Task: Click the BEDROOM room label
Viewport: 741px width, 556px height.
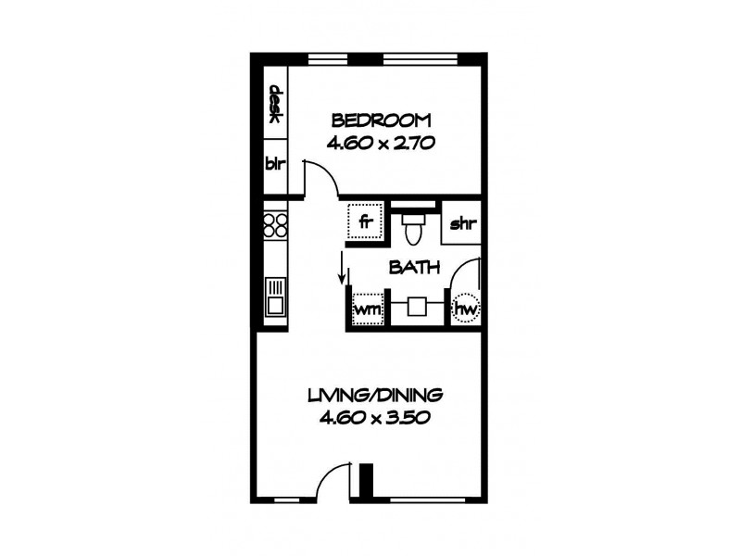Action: coord(381,120)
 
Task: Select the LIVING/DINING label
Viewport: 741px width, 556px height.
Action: coord(376,395)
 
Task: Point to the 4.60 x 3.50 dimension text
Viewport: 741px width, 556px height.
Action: coord(376,417)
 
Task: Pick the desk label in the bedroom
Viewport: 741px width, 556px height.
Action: coord(275,105)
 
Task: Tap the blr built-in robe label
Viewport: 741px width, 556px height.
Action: coord(274,165)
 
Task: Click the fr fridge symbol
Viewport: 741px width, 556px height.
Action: coord(365,222)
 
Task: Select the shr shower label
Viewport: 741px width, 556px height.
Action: coord(462,223)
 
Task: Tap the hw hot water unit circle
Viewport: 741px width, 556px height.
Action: coord(466,307)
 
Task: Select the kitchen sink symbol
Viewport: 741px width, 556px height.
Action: coord(274,297)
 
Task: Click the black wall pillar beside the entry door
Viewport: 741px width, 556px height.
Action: coord(366,480)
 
